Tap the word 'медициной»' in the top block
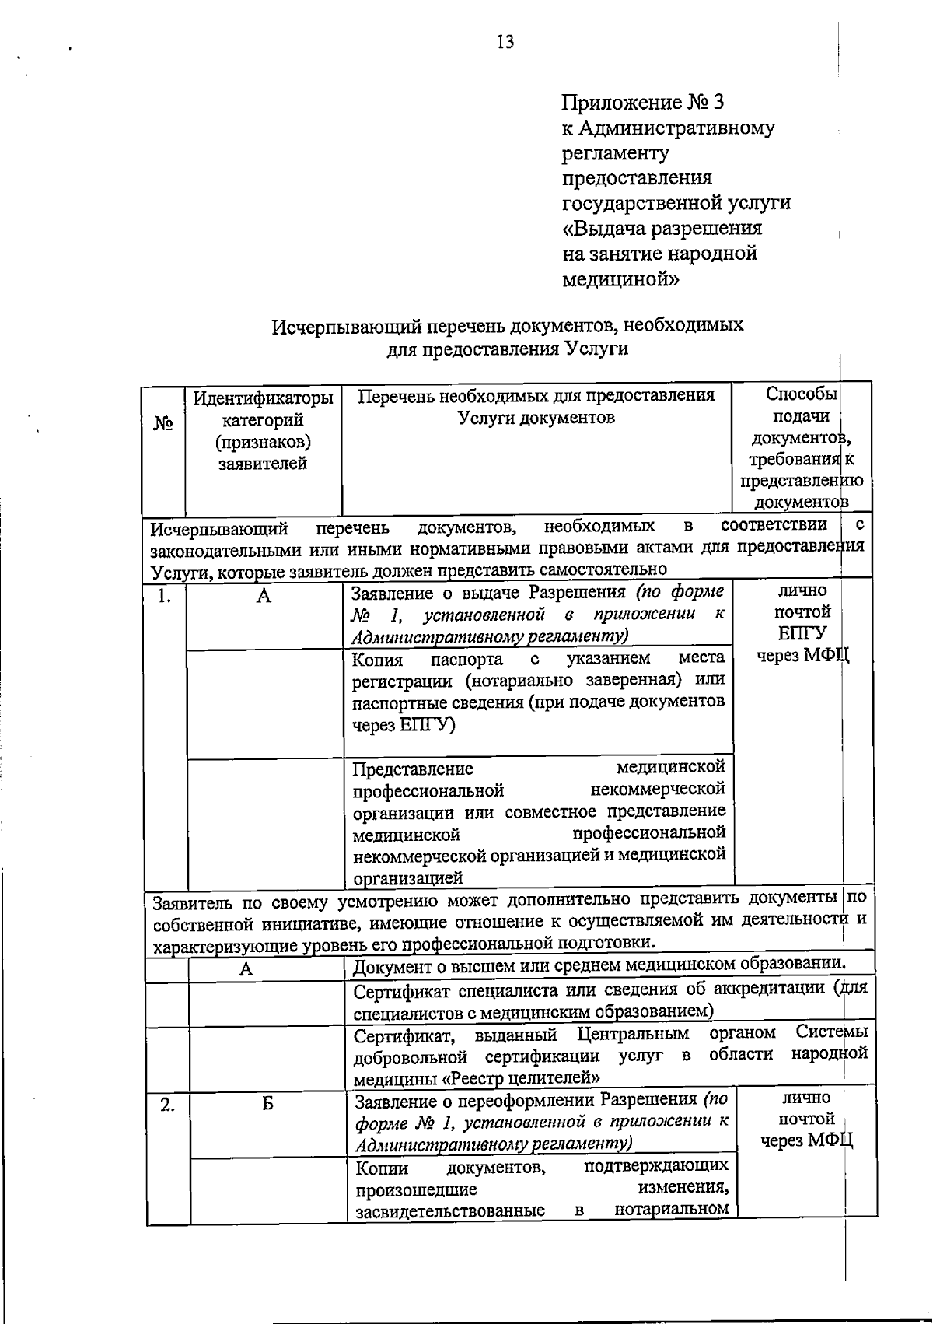[620, 278]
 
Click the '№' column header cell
[162, 424]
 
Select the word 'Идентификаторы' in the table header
[263, 398]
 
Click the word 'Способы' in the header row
[800, 394]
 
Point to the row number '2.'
[167, 1103]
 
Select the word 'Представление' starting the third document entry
[412, 769]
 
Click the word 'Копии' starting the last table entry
[381, 1168]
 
